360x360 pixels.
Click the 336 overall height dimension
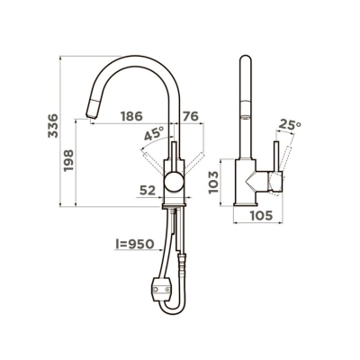tap(53, 125)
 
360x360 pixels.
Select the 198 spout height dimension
tap(68, 160)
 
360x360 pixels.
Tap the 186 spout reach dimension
tap(131, 116)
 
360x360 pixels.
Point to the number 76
tap(191, 116)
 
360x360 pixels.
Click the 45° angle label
tap(154, 133)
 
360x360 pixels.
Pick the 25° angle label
tap(290, 125)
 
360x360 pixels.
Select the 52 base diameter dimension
tap(148, 190)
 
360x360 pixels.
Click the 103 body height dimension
tap(213, 182)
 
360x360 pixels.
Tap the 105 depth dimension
tap(261, 215)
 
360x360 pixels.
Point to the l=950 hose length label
tap(135, 245)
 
